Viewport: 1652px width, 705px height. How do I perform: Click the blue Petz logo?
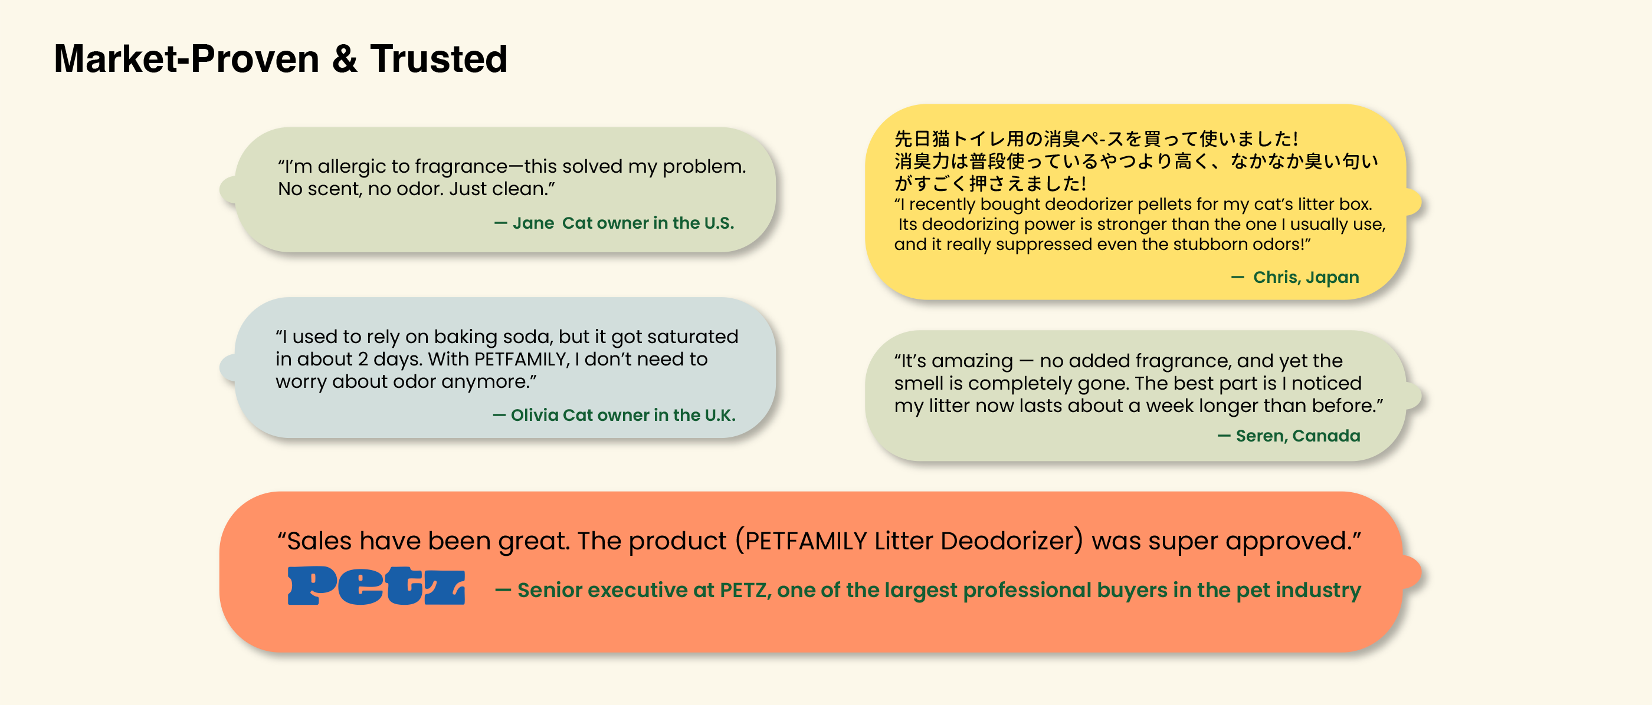pyautogui.click(x=376, y=586)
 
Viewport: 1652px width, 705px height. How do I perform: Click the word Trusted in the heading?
pyautogui.click(x=438, y=59)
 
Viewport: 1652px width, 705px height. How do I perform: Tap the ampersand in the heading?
pyautogui.click(x=345, y=59)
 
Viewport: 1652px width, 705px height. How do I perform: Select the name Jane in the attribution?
pyautogui.click(x=533, y=223)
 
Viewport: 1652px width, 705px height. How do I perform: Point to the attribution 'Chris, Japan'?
pyautogui.click(x=1306, y=278)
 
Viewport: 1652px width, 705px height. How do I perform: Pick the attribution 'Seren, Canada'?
pyautogui.click(x=1298, y=436)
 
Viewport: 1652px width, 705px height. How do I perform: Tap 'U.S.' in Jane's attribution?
pyautogui.click(x=719, y=223)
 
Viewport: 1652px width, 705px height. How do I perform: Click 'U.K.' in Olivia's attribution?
pyautogui.click(x=720, y=416)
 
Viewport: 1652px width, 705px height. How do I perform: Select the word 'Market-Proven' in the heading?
pyautogui.click(x=186, y=59)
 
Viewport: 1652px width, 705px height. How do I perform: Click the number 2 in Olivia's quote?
pyautogui.click(x=363, y=359)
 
